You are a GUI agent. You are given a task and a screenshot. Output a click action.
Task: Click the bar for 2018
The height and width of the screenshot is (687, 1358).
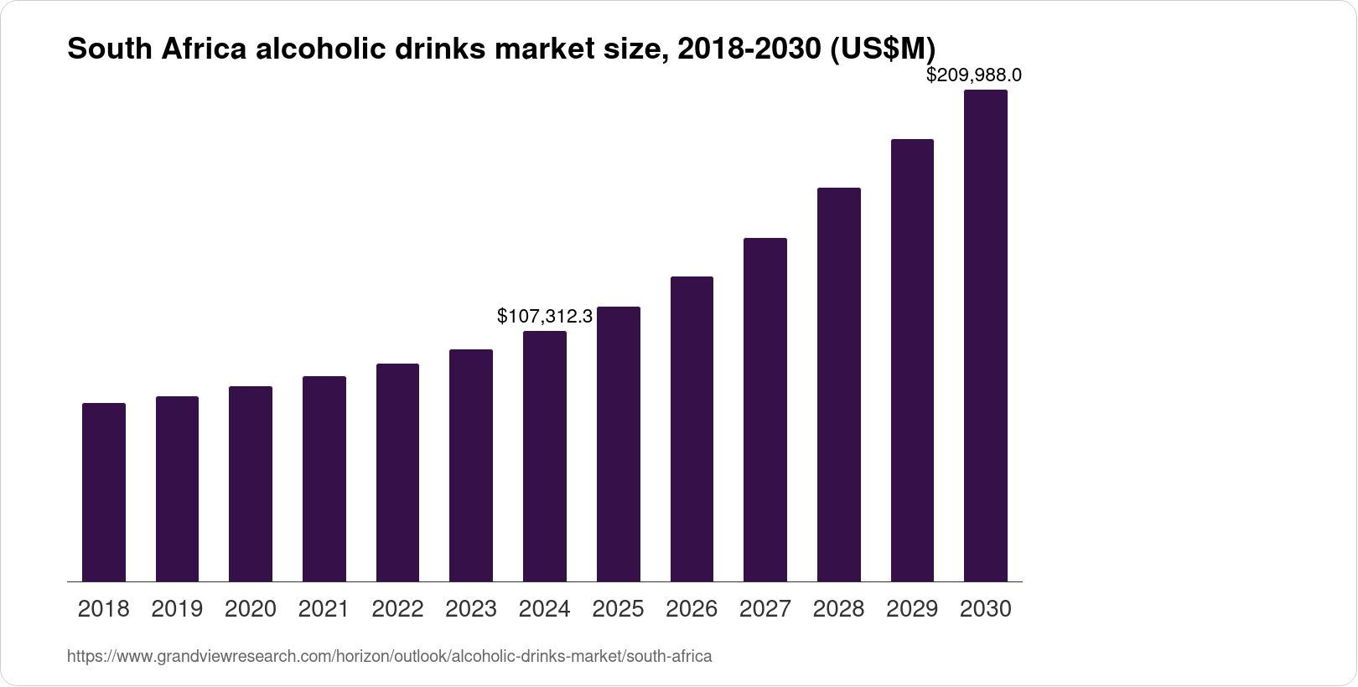[104, 492]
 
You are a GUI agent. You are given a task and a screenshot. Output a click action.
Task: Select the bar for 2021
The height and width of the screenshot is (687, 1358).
[324, 478]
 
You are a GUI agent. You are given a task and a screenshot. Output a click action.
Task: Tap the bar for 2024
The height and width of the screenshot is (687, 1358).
[545, 456]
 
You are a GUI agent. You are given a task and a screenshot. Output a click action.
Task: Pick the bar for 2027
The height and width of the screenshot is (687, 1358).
[765, 410]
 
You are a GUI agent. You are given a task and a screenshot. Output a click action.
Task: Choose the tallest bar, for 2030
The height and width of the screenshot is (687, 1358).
[986, 335]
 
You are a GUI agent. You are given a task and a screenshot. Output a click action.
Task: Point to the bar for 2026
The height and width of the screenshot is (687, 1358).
[692, 429]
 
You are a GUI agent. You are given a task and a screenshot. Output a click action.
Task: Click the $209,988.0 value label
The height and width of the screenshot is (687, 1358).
[973, 75]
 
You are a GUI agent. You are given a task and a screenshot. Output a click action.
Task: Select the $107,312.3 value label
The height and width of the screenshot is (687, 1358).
[545, 316]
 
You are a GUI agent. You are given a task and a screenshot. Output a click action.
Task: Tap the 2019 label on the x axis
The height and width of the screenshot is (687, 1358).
[177, 609]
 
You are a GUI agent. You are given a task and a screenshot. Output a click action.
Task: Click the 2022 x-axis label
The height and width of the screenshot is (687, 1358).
[397, 609]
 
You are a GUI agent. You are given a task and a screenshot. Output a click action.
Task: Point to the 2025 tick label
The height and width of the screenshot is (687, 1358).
[618, 609]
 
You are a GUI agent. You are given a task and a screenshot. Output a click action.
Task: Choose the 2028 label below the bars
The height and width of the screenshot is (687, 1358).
[838, 609]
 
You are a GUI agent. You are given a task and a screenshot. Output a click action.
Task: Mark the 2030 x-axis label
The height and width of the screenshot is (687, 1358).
[986, 609]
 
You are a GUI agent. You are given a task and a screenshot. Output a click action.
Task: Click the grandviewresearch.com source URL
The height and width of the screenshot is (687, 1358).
[389, 657]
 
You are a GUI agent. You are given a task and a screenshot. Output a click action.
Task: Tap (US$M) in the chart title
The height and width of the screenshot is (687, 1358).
[882, 49]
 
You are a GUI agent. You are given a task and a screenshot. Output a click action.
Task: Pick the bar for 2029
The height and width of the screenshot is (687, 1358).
[912, 360]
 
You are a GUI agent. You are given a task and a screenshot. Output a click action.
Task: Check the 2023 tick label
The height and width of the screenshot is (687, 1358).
[471, 609]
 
